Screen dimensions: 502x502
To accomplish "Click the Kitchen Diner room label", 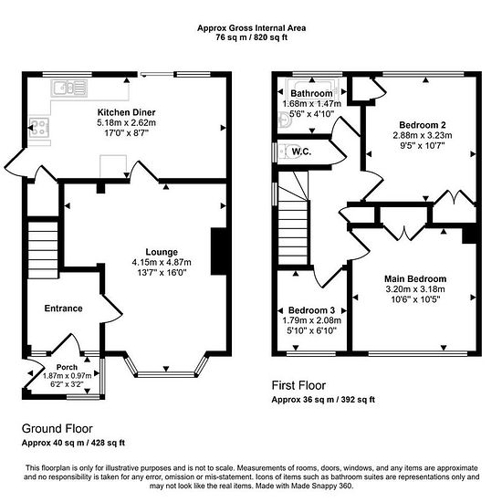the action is pyautogui.click(x=127, y=112).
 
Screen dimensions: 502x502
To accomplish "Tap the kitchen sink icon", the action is pyautogui.click(x=69, y=89).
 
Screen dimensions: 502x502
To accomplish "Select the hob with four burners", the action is pyautogui.click(x=39, y=128).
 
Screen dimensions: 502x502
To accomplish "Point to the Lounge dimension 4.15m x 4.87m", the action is pyautogui.click(x=162, y=263).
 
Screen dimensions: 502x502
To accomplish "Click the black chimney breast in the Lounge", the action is pyautogui.click(x=219, y=251).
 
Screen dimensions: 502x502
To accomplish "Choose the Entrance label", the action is pyautogui.click(x=63, y=309).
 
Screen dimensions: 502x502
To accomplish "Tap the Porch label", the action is pyautogui.click(x=67, y=367).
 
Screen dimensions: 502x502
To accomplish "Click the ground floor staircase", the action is pyautogui.click(x=43, y=250).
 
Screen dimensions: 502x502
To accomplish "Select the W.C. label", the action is pyautogui.click(x=301, y=152).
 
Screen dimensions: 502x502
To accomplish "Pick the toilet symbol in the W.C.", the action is pyautogui.click(x=285, y=152).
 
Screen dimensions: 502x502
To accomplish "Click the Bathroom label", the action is pyautogui.click(x=311, y=93).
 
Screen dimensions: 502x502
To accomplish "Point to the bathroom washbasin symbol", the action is pyautogui.click(x=284, y=120).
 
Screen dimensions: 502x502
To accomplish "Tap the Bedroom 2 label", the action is pyautogui.click(x=423, y=125).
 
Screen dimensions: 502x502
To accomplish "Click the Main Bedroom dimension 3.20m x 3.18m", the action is pyautogui.click(x=415, y=289).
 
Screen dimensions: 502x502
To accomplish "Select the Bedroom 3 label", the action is pyautogui.click(x=311, y=310).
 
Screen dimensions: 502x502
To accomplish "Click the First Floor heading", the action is pyautogui.click(x=298, y=385).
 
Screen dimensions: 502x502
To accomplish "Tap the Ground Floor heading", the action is pyautogui.click(x=58, y=429).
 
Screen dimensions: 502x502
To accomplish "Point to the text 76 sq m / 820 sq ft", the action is pyautogui.click(x=251, y=37).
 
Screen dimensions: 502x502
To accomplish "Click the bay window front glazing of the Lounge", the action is pyautogui.click(x=166, y=374).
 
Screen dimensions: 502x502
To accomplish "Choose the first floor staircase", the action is pyautogui.click(x=293, y=218).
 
